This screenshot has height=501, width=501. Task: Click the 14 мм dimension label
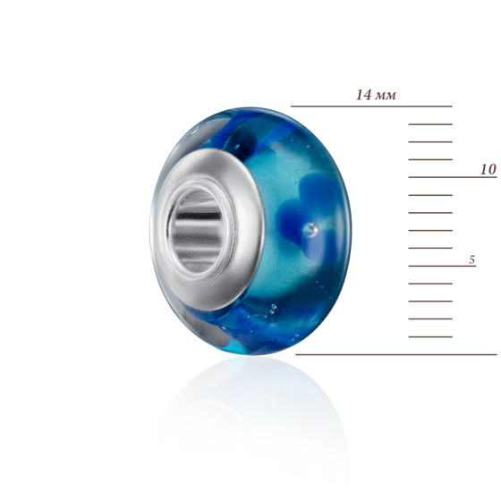click(376, 95)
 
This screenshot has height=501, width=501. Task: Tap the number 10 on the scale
click(488, 169)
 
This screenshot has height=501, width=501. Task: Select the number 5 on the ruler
click(472, 259)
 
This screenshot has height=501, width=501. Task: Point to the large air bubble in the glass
click(310, 230)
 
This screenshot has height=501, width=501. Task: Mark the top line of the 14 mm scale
click(371, 106)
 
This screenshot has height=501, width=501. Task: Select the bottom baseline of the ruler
click(396, 354)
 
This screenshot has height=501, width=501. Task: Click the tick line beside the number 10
click(453, 177)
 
